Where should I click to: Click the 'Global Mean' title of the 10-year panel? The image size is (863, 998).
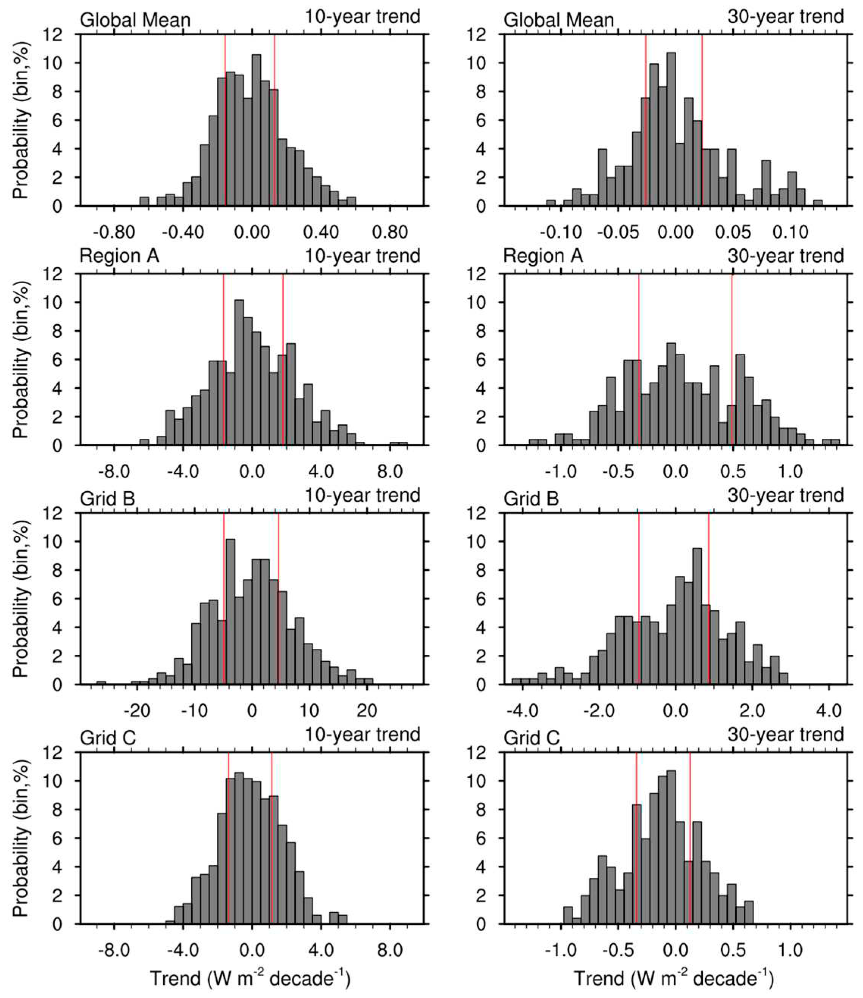coord(135,20)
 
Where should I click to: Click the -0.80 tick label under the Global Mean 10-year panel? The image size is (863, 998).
coord(114,232)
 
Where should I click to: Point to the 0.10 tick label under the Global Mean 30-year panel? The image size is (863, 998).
coord(790,232)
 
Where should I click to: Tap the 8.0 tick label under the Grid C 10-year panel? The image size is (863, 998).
coord(389,949)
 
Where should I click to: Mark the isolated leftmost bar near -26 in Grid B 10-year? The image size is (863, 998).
coord(101,683)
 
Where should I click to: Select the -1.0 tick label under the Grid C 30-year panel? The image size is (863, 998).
coord(561,949)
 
